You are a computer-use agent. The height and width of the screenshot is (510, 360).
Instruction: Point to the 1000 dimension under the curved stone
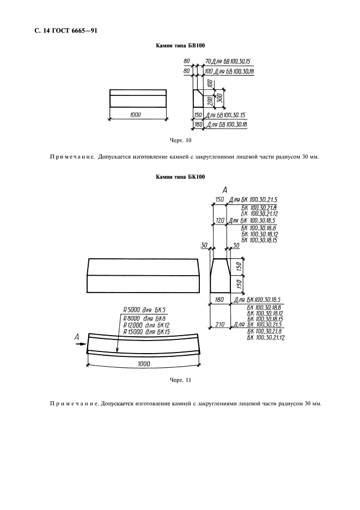click(x=143, y=363)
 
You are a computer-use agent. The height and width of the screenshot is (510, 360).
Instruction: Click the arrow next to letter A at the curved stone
click(x=81, y=344)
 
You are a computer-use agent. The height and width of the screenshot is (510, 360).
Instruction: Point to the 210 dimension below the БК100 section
click(x=219, y=324)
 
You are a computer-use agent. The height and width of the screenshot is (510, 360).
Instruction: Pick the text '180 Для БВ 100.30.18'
click(x=220, y=125)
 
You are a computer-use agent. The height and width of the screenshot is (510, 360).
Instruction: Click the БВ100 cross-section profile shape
click(x=199, y=99)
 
